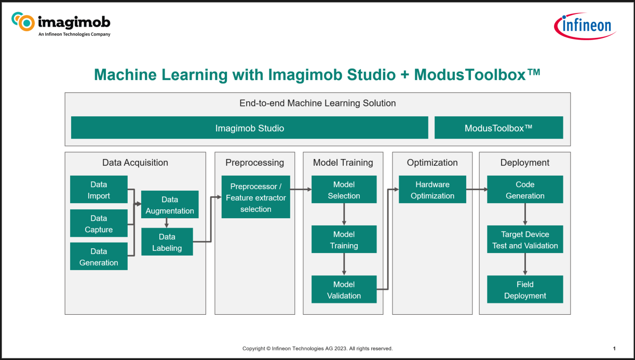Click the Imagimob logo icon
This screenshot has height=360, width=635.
[23, 22]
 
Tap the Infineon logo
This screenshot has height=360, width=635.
[585, 25]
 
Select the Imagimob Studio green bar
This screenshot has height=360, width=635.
[249, 128]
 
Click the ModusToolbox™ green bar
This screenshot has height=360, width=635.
[498, 128]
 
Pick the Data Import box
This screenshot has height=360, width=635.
[99, 190]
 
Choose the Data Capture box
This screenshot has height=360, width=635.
[99, 223]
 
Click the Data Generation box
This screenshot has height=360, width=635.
[99, 257]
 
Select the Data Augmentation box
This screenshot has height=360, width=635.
[170, 205]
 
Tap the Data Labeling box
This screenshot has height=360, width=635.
[167, 242]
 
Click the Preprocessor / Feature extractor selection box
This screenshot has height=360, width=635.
[255, 197]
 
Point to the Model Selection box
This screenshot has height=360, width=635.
[344, 190]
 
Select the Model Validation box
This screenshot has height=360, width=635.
[344, 289]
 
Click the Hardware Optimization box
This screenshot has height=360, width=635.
[432, 190]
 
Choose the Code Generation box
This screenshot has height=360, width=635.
[525, 190]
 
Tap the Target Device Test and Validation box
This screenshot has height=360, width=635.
[525, 239]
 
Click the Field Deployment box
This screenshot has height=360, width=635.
[525, 289]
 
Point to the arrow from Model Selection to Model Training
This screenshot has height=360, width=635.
[344, 214]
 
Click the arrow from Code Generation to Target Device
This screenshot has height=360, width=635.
[525, 214]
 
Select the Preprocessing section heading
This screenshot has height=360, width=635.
[254, 163]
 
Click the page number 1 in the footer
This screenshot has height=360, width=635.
[614, 349]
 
